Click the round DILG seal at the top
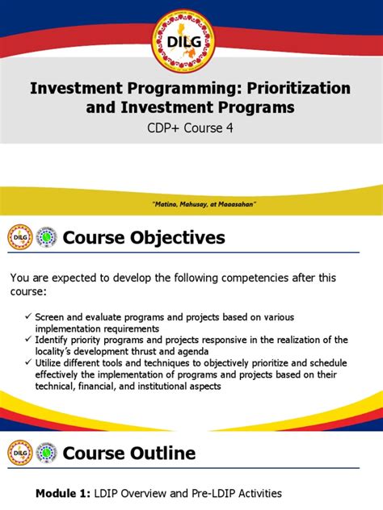pos(191,34)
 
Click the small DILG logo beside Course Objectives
pos(19,237)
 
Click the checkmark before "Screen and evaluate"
pos(29,318)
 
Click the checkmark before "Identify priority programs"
pos(29,340)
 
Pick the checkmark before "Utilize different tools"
pos(29,362)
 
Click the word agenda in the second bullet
pos(218,351)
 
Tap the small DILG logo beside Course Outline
pos(19,454)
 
